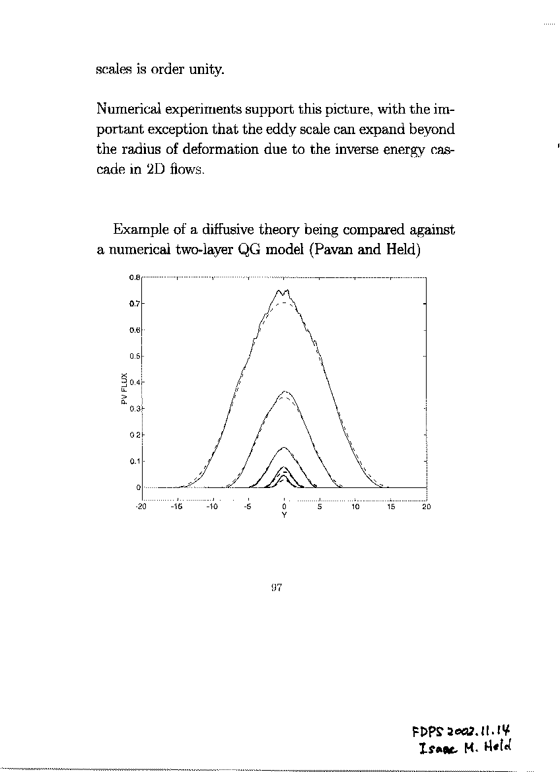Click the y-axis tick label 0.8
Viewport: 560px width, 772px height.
pos(133,277)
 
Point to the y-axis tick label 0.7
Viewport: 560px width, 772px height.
pos(133,304)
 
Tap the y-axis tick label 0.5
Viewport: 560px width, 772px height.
pos(133,356)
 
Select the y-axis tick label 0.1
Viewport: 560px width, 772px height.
pos(133,461)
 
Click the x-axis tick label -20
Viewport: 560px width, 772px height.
pos(141,507)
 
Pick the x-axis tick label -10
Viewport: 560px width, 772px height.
pos(212,507)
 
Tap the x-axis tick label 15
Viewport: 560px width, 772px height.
pos(390,507)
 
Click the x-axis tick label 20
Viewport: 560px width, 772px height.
pos(426,507)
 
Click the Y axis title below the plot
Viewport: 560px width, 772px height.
pos(284,515)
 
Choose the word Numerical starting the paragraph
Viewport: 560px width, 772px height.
pos(127,108)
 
